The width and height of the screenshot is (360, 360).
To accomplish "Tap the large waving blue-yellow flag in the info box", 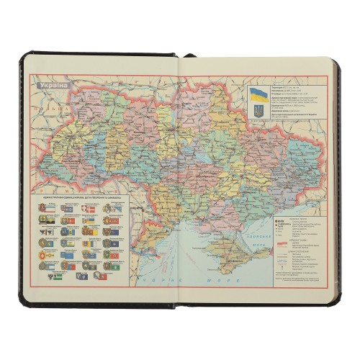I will click(258, 94).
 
